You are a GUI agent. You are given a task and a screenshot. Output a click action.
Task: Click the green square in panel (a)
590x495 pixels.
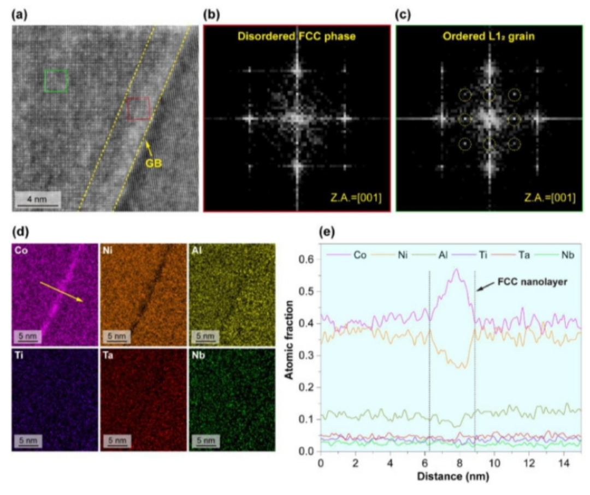[x=56, y=81]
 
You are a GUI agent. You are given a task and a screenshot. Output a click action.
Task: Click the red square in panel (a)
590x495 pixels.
[x=138, y=109]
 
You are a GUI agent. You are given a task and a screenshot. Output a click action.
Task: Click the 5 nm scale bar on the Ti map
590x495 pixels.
[x=28, y=439]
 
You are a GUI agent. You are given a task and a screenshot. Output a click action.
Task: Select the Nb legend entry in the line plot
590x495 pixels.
[x=559, y=255]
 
